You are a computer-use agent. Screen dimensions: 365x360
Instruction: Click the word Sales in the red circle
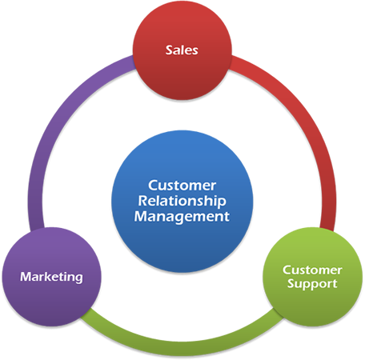coord(182,50)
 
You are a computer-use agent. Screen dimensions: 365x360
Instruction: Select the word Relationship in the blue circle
coord(182,202)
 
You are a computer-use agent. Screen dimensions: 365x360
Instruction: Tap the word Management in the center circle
coord(182,217)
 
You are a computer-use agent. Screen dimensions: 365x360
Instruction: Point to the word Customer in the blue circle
coord(182,186)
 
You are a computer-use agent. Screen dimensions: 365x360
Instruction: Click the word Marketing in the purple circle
coord(51,277)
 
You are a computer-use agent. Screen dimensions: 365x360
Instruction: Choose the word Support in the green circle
coord(312,284)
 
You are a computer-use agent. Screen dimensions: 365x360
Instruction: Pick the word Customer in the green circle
coord(312,270)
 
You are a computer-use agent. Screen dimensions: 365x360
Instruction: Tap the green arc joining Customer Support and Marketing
coord(182,349)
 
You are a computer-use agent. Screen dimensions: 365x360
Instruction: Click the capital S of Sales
coord(169,50)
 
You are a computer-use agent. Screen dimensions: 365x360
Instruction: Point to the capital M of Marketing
coord(26,277)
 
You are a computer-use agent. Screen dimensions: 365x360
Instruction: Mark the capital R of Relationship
coord(142,201)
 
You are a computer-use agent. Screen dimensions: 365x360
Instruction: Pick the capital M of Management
coord(140,216)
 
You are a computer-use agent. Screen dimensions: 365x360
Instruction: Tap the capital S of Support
coord(291,283)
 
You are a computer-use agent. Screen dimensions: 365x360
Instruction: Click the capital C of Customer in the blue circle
coord(153,186)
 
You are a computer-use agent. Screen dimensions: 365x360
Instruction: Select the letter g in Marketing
coord(78,278)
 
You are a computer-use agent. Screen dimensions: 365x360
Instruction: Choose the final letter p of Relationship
coord(222,203)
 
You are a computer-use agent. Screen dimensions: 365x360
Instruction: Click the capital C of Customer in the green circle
coord(287,270)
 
